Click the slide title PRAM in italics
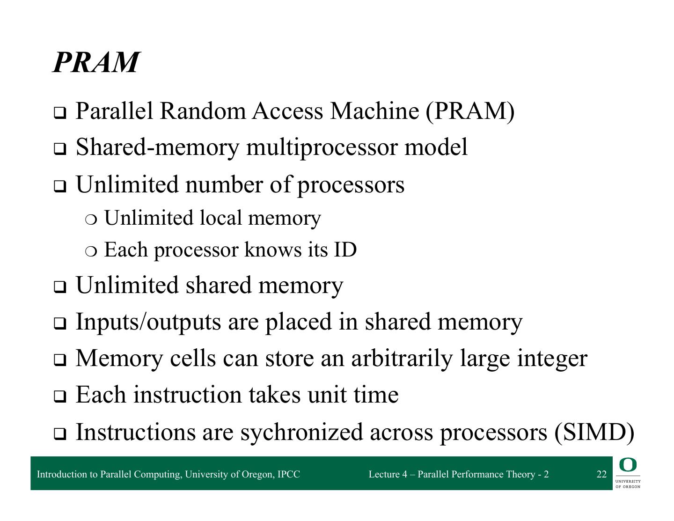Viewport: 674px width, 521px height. (x=96, y=62)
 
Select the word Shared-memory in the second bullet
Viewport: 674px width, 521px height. (x=157, y=147)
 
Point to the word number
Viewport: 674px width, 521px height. (x=224, y=184)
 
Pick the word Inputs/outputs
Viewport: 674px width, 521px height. (x=148, y=322)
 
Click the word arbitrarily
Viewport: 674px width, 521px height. (x=402, y=358)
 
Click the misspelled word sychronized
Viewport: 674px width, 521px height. (x=301, y=432)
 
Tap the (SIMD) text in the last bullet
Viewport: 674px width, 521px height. (x=594, y=432)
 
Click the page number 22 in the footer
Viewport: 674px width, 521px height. (x=601, y=474)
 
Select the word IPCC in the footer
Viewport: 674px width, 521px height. (x=289, y=474)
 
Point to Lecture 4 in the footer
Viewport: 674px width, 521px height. (x=388, y=474)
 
